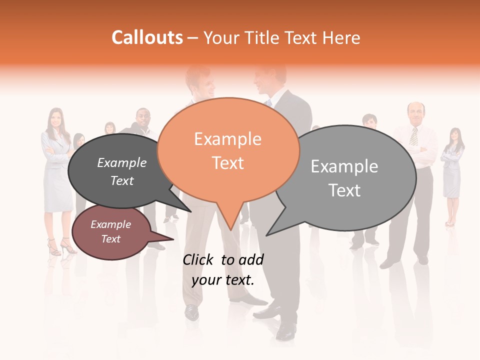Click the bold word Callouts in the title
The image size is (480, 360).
147,37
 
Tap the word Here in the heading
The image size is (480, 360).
342,38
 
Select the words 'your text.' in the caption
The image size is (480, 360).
223,280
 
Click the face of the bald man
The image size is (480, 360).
415,113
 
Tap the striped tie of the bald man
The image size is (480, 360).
413,136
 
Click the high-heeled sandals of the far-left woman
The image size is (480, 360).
60,246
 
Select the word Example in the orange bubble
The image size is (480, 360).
227,139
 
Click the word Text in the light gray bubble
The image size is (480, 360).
344,190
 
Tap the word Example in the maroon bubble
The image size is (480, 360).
110,224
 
